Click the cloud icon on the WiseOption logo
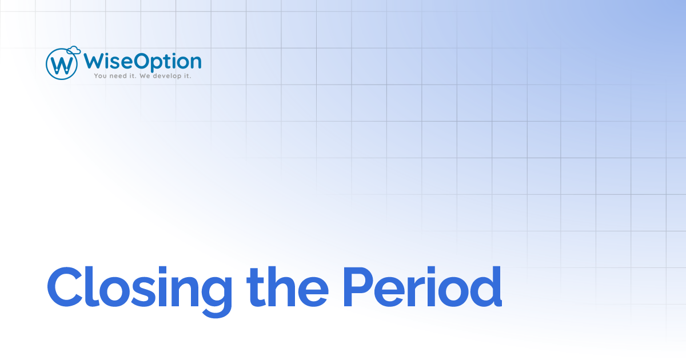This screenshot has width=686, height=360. pyautogui.click(x=73, y=50)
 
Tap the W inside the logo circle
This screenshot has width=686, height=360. pyautogui.click(x=62, y=65)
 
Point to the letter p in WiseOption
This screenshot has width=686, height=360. pyautogui.click(x=155, y=63)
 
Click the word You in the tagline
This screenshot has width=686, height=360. pyautogui.click(x=101, y=75)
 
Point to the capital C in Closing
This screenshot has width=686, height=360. pyautogui.click(x=66, y=285)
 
